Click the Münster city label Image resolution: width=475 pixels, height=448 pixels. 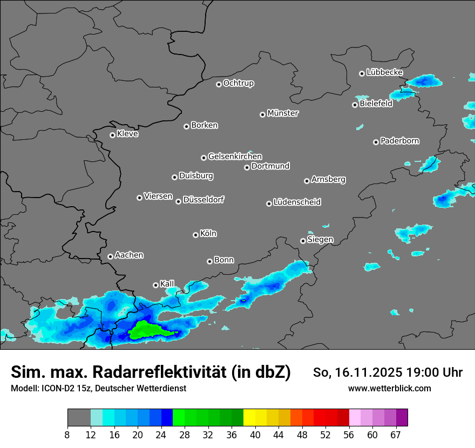283,113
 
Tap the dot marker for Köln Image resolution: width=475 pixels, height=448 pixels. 195,235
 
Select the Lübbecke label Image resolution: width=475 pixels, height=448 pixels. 384,72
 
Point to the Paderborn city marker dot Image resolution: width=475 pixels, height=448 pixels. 376,142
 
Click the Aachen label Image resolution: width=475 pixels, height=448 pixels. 129,255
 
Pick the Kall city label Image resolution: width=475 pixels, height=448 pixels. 167,284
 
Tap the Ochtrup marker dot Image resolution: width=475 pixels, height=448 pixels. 219,84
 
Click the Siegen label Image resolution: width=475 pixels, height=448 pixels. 320,240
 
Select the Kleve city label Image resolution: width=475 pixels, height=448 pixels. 127,134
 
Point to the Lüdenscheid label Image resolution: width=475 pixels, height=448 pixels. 297,202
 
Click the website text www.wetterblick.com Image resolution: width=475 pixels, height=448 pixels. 389,388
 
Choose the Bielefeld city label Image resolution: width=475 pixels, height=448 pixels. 376,104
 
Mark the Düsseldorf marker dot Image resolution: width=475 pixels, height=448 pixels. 178,201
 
